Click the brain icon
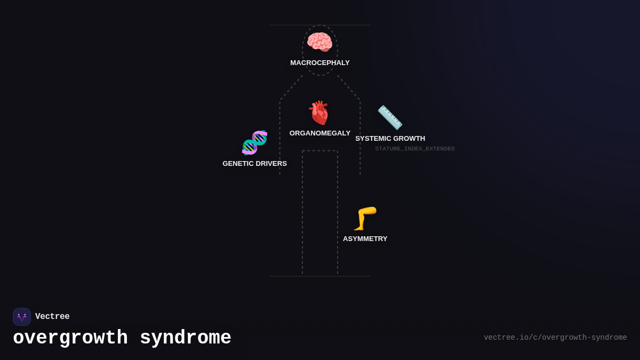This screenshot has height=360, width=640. coord(319,42)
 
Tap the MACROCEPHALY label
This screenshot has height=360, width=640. coord(320,63)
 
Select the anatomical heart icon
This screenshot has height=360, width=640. coord(319,113)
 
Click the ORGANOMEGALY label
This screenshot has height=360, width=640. coord(320,133)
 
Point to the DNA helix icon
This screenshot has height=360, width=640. coord(254,142)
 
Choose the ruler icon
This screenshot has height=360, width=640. coord(390,117)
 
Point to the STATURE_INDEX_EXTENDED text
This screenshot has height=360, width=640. coord(415,149)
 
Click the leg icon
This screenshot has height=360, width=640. coord(365,218)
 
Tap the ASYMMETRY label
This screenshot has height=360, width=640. coord(365,239)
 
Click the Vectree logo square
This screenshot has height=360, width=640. coord(22,317)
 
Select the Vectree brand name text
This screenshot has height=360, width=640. coord(52,317)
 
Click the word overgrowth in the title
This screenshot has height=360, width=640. coord(70,338)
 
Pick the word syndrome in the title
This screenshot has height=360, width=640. coord(186,338)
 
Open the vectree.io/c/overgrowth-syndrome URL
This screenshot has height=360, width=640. coord(555,338)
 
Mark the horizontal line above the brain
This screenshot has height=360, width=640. coord(320,25)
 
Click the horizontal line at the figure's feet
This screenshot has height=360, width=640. coord(320,276)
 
